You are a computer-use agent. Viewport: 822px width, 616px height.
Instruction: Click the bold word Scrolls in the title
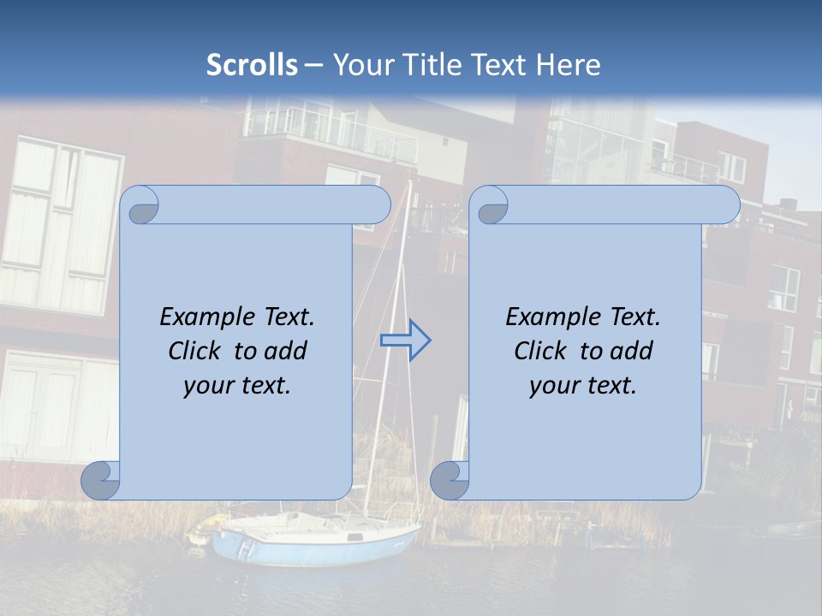(x=252, y=65)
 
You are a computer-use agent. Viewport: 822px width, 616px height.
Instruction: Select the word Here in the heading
(x=568, y=65)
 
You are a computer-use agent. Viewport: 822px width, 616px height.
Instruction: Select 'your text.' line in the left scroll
(x=237, y=386)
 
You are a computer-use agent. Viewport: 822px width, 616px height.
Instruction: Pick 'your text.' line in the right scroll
(x=583, y=386)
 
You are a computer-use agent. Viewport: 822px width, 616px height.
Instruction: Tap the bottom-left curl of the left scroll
(x=101, y=481)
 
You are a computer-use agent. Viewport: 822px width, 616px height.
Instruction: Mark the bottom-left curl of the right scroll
(x=450, y=481)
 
